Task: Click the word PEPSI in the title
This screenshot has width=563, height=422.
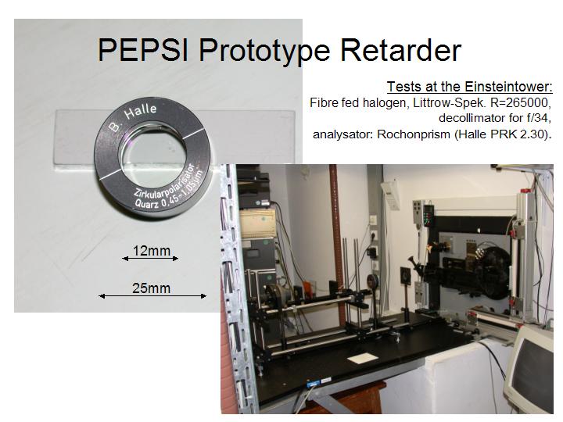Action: click(143, 50)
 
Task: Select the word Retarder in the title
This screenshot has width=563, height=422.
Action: click(400, 50)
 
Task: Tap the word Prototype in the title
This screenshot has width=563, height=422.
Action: click(264, 52)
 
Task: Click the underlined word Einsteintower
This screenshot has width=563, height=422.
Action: click(507, 87)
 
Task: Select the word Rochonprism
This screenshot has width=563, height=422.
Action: click(414, 134)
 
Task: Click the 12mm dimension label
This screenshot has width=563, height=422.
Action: click(152, 251)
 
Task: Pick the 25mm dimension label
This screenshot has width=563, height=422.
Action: click(151, 288)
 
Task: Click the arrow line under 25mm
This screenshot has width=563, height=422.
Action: click(152, 296)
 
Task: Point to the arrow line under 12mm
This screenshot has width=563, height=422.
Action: click(150, 259)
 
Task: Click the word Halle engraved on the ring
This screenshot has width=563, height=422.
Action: click(140, 112)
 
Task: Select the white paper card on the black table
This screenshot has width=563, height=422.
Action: click(362, 358)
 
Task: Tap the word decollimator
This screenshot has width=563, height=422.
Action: click(475, 118)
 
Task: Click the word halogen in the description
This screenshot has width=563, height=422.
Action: click(385, 103)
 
